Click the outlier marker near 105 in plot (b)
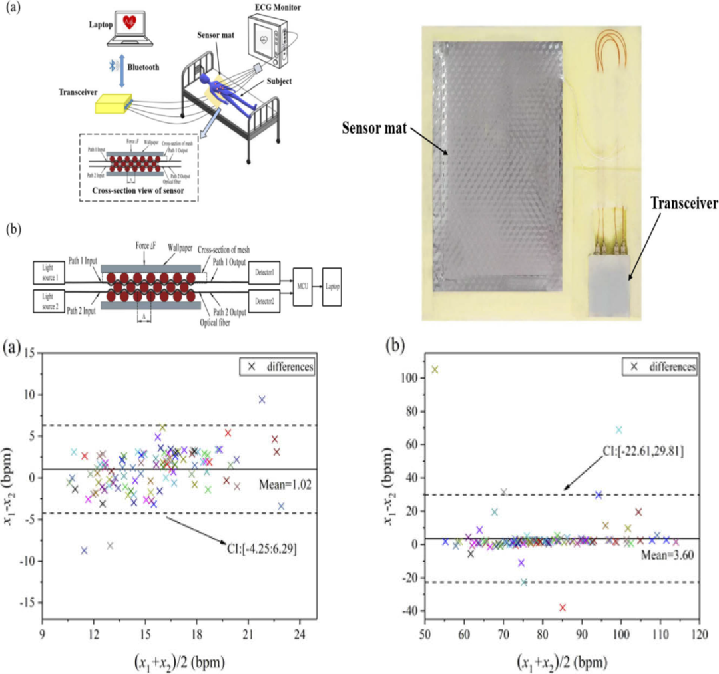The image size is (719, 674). coord(435,369)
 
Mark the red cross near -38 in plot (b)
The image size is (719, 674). coord(563,607)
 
